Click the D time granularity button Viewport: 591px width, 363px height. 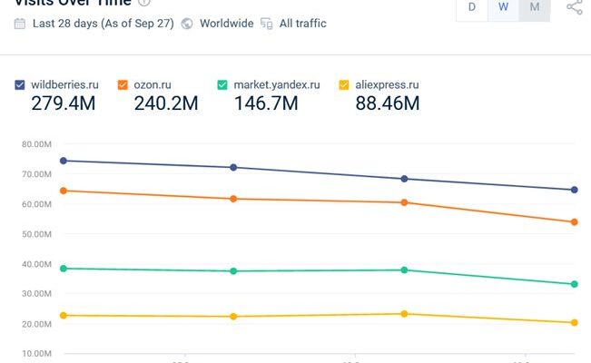[471, 7]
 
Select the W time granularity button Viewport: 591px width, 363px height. [503, 7]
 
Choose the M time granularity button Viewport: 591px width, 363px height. [535, 7]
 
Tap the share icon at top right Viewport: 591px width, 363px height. [574, 7]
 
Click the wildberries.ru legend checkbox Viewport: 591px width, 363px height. [20, 85]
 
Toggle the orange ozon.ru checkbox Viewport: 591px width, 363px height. [123, 85]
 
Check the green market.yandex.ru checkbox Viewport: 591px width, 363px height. [222, 85]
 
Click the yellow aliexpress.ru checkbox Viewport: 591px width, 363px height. [344, 85]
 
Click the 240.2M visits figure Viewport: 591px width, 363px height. [166, 103]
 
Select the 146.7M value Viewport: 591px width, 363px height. [266, 103]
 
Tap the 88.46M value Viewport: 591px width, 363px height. [388, 103]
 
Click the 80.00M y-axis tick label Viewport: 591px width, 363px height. [36, 144]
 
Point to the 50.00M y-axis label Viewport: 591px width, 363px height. [36, 234]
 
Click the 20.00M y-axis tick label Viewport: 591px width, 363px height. [36, 324]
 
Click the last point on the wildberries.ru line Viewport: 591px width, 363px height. [575, 190]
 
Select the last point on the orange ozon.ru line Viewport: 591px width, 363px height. [575, 222]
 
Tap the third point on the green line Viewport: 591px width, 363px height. [404, 270]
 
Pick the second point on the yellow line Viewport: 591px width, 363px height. [233, 317]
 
